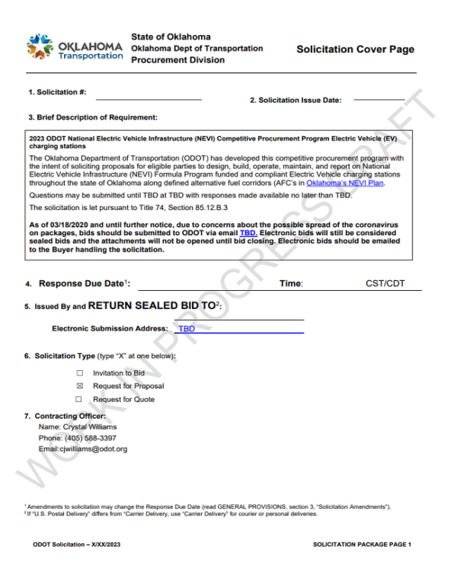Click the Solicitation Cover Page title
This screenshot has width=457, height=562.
coord(356,49)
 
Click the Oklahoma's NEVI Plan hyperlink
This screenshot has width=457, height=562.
coord(352,184)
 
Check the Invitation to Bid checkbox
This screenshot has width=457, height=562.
coord(78,373)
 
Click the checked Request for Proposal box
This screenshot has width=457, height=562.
coord(78,386)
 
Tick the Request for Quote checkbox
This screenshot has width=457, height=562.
coord(78,399)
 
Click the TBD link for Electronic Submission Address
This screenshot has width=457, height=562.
coord(186,329)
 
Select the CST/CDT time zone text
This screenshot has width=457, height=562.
coord(385,284)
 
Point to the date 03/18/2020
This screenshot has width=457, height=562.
coord(75,225)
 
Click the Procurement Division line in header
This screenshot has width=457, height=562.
coord(177,60)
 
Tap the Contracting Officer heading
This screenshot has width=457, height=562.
coord(63,416)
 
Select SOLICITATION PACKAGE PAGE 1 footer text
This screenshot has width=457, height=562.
coord(362,544)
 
